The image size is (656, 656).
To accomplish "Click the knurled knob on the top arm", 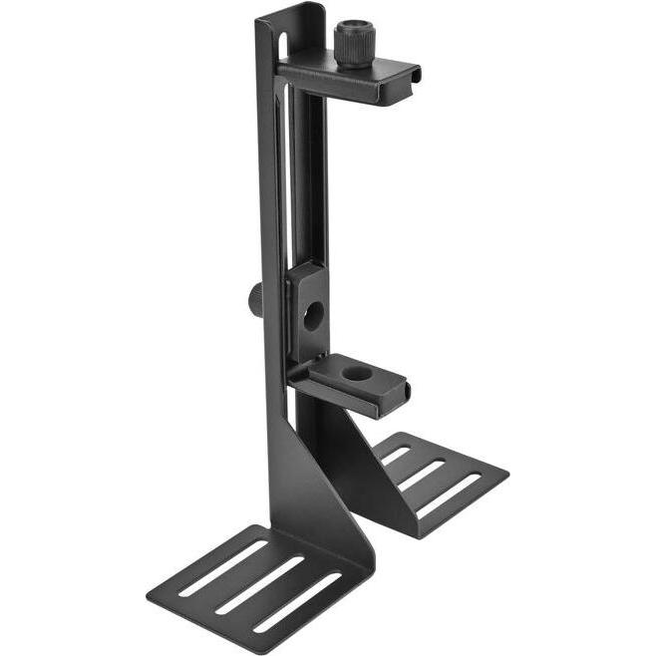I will point(352,44).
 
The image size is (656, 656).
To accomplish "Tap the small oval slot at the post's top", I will point(281,45).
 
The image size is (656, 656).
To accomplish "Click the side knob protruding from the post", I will point(256,296).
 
